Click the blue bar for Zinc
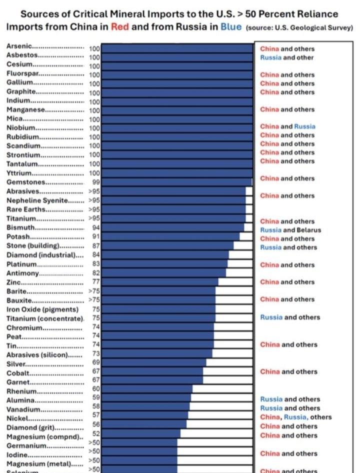tap(160, 282)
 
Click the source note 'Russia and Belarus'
tap(290, 230)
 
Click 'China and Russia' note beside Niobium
tap(287, 126)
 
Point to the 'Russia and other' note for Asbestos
tap(286, 57)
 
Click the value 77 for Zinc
tap(96, 282)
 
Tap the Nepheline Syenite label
tap(44, 200)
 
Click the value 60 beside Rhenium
tap(96, 388)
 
